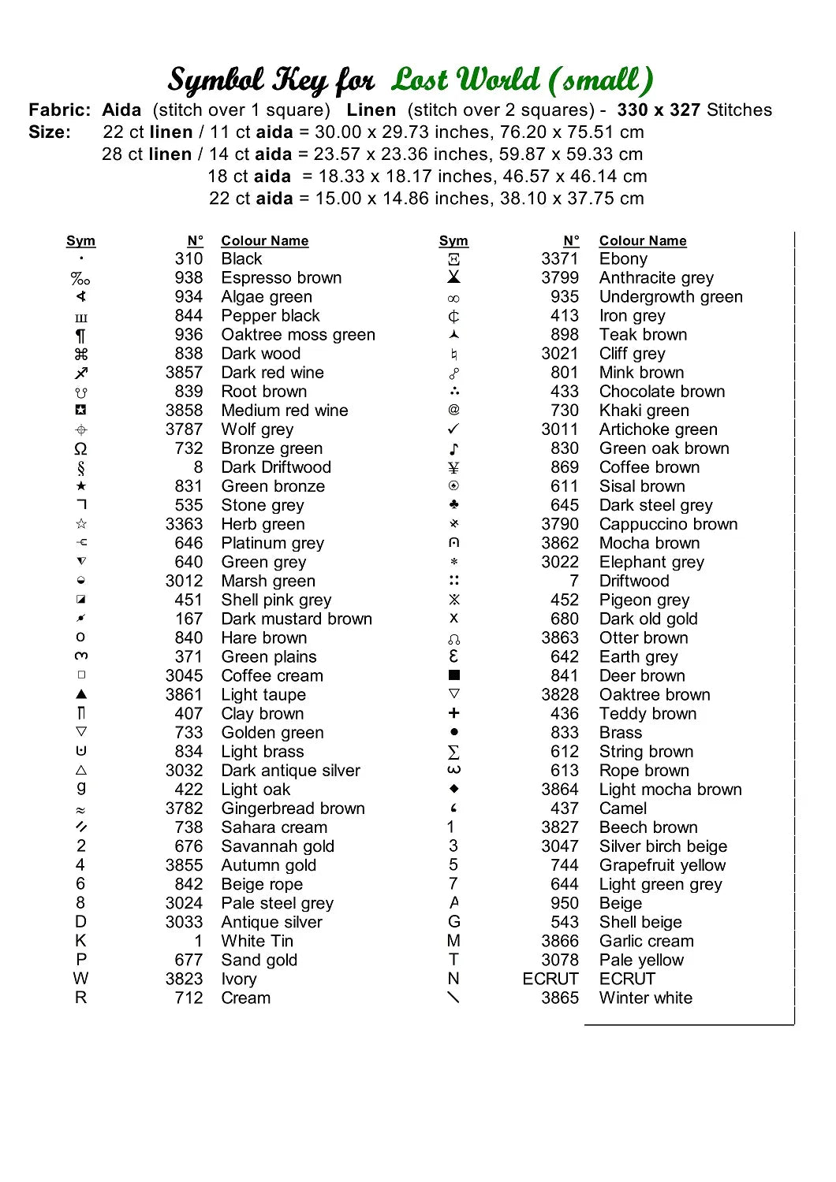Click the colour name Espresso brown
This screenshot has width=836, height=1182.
(x=281, y=278)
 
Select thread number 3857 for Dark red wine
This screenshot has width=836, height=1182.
(x=184, y=373)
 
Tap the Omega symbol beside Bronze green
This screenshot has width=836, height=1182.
(x=80, y=449)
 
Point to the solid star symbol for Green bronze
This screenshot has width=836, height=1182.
(x=81, y=486)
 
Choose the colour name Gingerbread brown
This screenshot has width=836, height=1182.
(x=293, y=808)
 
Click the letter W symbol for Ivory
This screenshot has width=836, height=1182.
(x=80, y=979)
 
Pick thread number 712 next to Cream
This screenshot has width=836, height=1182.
(x=188, y=998)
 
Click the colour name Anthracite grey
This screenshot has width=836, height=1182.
(x=656, y=278)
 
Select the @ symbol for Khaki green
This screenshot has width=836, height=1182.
(x=453, y=410)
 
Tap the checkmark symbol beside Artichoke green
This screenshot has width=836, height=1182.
(x=453, y=429)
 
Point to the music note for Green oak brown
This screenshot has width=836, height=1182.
(x=453, y=449)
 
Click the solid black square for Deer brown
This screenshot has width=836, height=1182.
(x=453, y=675)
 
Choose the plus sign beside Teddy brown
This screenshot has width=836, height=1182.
(x=453, y=713)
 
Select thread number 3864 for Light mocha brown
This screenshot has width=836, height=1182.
(x=560, y=790)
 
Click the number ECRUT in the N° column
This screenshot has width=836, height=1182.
(x=550, y=979)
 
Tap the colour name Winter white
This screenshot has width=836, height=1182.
(x=645, y=998)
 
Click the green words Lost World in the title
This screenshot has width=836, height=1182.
(x=465, y=80)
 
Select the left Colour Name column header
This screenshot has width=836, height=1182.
(x=264, y=241)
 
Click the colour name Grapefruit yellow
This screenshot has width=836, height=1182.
(x=662, y=865)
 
